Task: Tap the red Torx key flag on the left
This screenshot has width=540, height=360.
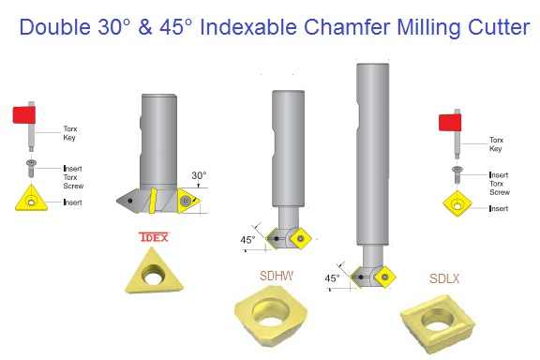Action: pos(23,116)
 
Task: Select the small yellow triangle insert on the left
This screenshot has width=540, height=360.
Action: pos(31,200)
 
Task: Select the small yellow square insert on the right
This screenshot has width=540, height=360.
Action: pos(457,203)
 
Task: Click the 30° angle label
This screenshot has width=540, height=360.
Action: pos(198,174)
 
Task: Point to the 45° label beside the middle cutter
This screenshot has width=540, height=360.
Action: pos(247,240)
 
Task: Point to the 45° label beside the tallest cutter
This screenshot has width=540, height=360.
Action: pos(332,278)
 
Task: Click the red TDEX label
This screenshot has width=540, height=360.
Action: pos(153,237)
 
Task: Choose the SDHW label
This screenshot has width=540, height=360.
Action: pos(276,277)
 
